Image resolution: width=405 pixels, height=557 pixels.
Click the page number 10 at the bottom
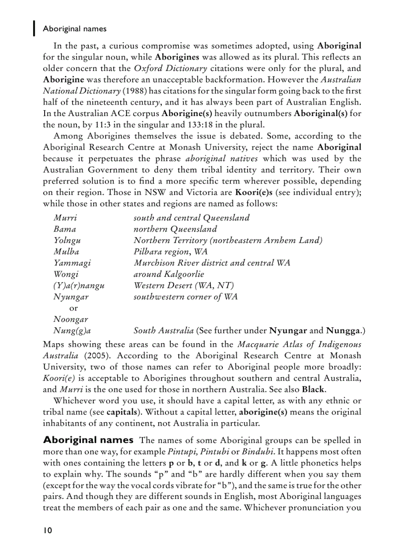[x=47, y=530]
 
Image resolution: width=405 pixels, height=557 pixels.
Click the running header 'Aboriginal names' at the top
[x=74, y=29]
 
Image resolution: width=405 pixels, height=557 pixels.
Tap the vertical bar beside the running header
[x=34, y=28]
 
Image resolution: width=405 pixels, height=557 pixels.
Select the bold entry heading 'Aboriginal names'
[x=88, y=440]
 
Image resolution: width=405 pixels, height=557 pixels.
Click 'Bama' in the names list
[x=65, y=229]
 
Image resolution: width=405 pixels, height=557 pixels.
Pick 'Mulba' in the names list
[x=66, y=251]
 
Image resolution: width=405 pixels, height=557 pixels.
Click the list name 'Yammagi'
[x=72, y=263]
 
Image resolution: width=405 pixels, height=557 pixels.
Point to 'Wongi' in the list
[x=66, y=274]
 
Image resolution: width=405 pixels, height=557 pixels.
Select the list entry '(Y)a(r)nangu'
[x=79, y=286]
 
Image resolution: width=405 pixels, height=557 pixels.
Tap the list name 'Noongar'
[x=70, y=319]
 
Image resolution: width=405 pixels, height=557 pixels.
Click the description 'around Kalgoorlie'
[x=169, y=274]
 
